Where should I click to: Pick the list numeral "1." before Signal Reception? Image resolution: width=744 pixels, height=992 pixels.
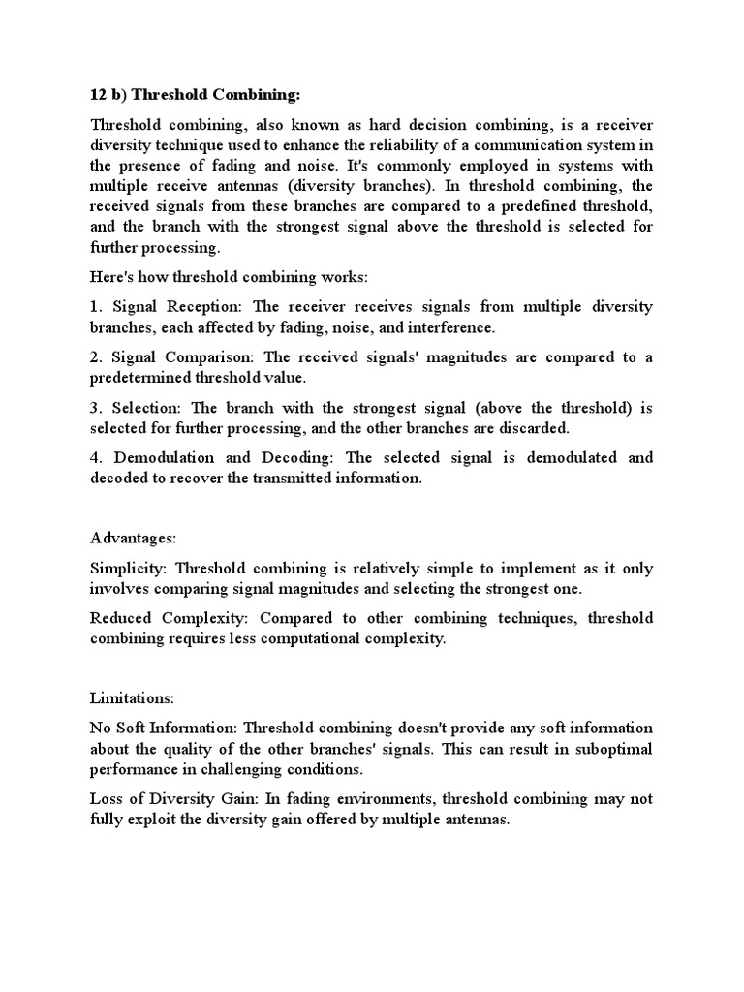point(96,307)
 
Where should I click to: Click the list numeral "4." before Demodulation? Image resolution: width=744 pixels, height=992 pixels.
point(96,458)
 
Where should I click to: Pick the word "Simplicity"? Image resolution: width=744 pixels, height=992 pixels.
point(127,568)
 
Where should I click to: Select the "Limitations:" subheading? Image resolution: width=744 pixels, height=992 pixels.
point(127,697)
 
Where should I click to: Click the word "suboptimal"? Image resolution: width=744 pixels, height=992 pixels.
point(609,749)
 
